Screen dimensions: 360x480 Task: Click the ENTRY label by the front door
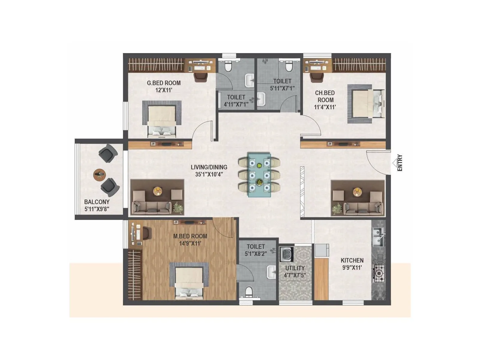pyautogui.click(x=400, y=163)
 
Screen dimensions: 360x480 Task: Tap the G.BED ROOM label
pyautogui.click(x=164, y=83)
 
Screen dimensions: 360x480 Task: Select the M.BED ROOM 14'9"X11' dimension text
pyautogui.click(x=190, y=244)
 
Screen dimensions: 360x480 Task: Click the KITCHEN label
pyautogui.click(x=352, y=260)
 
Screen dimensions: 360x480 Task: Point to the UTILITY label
pyautogui.click(x=295, y=268)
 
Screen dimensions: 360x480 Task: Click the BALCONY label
pyautogui.click(x=97, y=202)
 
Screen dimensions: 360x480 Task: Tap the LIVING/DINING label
pyautogui.click(x=209, y=167)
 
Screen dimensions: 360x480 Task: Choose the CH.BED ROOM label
pyautogui.click(x=325, y=96)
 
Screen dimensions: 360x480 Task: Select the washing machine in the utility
pyautogui.click(x=286, y=254)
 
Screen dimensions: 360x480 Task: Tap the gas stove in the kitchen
pyautogui.click(x=379, y=273)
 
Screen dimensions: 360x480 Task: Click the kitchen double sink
pyautogui.click(x=378, y=237)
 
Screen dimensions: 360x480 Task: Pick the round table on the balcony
pyautogui.click(x=99, y=175)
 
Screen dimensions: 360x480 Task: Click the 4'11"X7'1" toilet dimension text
pyautogui.click(x=236, y=104)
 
